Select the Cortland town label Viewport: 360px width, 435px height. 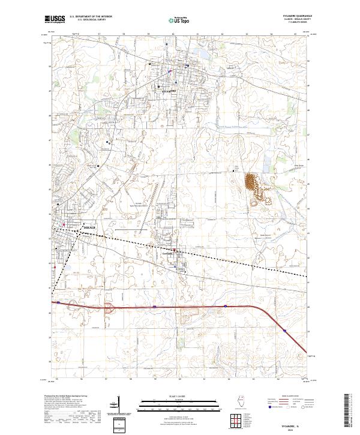coord(167,254)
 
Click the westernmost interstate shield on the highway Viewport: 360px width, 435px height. coord(58,303)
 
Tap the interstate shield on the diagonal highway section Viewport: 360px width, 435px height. coord(283,328)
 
